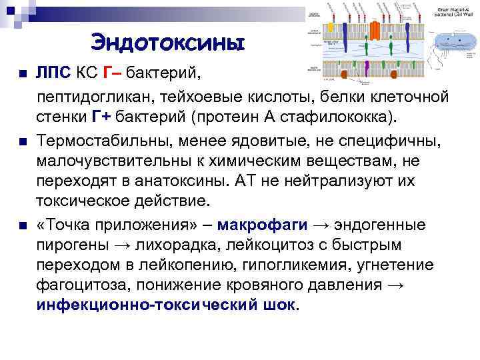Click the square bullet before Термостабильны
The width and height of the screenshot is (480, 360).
tap(23, 141)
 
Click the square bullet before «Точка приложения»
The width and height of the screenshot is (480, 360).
tap(23, 224)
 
